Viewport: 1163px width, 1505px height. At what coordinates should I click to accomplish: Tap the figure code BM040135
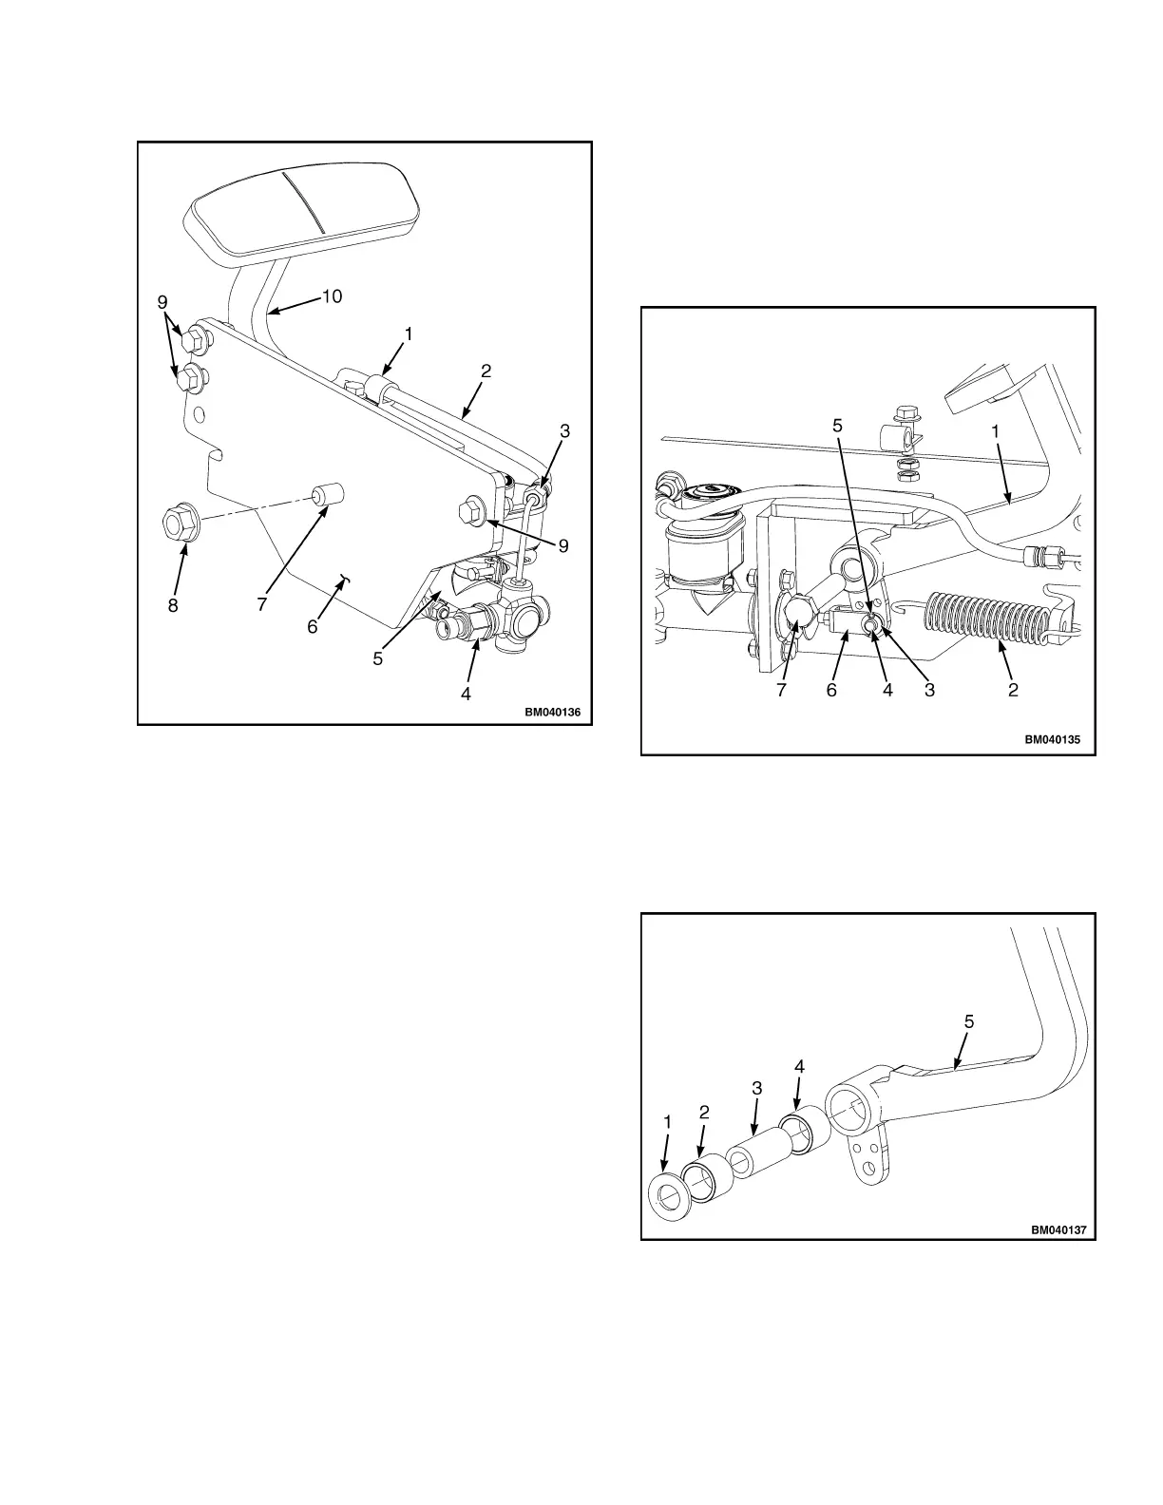1053,738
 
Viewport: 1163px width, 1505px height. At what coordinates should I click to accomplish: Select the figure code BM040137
1058,1229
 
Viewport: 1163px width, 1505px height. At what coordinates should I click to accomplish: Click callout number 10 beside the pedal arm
331,296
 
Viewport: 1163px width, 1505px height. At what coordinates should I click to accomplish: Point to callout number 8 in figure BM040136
173,605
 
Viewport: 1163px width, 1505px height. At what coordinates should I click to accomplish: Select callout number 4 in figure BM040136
466,694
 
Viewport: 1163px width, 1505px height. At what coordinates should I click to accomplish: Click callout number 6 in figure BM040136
312,627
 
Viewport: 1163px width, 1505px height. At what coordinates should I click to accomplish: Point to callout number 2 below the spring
1013,691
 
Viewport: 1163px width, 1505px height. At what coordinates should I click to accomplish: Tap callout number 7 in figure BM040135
781,691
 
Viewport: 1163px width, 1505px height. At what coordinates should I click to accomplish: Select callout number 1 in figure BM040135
995,429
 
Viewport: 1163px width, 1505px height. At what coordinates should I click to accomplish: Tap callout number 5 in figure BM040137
968,1021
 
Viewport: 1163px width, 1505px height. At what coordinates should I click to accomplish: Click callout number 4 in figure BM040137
799,1067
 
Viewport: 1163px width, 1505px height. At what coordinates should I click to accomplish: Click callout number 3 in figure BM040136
564,430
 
